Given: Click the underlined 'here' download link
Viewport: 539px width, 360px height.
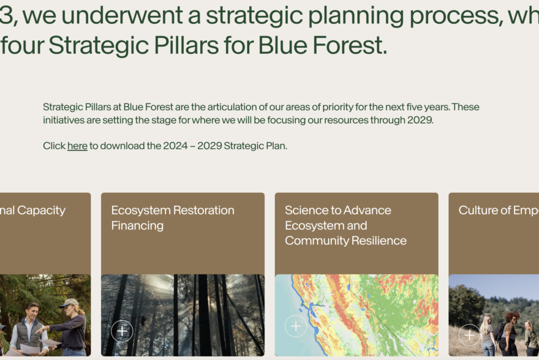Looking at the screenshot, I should point(77,146).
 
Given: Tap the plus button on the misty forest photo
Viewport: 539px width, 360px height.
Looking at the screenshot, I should point(122,331).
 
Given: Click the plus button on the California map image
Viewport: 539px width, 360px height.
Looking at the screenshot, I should point(296,326).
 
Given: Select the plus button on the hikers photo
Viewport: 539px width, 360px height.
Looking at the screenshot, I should point(469,335).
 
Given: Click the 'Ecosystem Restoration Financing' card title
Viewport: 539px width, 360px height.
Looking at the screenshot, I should point(173,218).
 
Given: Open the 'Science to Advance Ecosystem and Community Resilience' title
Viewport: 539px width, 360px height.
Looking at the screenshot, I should point(345,225).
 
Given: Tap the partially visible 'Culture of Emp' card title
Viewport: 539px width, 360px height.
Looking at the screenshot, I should point(498,210).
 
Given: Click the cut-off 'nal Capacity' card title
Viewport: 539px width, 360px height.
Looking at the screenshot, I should point(33,210).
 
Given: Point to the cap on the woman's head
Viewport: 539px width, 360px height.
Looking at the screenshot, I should point(69,303).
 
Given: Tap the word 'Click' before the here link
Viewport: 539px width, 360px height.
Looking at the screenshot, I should point(54,146).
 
